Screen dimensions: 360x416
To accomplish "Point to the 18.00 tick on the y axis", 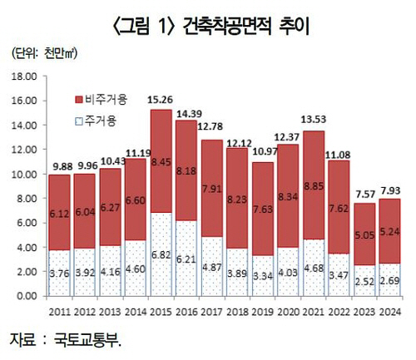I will [25, 76].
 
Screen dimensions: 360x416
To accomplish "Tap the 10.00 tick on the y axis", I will [25, 174].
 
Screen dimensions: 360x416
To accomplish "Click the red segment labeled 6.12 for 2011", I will [58, 213].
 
